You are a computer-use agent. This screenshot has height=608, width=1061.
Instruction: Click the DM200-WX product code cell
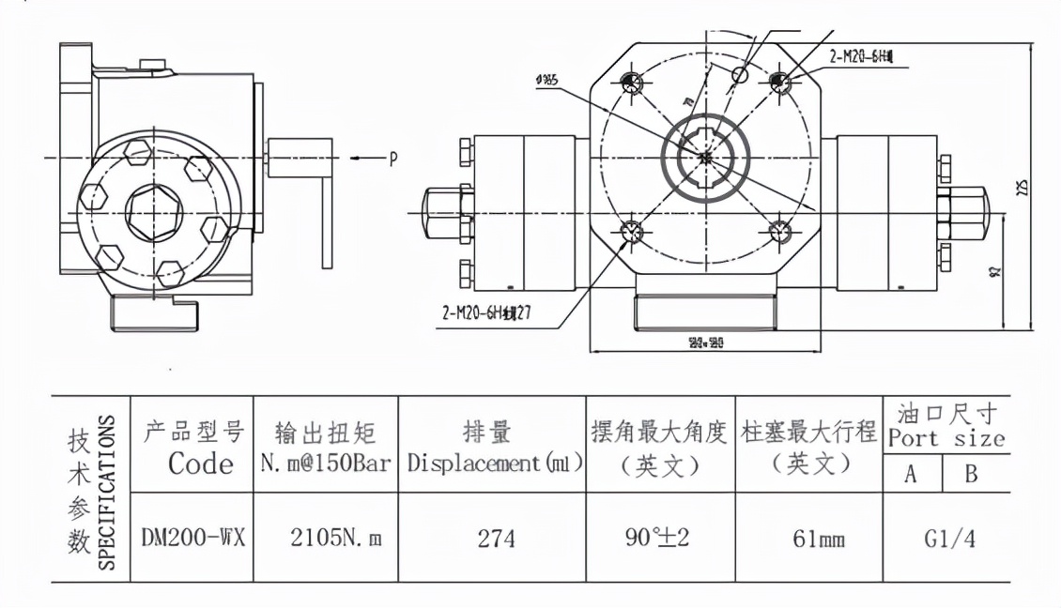(x=193, y=539)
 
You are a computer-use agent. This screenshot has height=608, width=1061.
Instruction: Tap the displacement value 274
(x=496, y=540)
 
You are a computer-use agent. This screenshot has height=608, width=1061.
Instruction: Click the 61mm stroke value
(x=808, y=540)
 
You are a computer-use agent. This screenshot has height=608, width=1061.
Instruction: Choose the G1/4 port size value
(x=946, y=540)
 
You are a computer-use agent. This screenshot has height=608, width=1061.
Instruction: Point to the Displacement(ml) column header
(x=496, y=463)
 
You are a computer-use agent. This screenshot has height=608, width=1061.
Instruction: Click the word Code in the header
(x=201, y=464)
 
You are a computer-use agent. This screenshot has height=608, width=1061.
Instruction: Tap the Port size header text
(x=946, y=438)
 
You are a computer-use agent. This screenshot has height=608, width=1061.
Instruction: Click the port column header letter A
(x=910, y=475)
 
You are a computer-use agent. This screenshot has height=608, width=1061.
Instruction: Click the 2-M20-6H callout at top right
(x=860, y=57)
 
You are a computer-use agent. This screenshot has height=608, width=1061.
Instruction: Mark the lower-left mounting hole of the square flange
(x=630, y=231)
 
